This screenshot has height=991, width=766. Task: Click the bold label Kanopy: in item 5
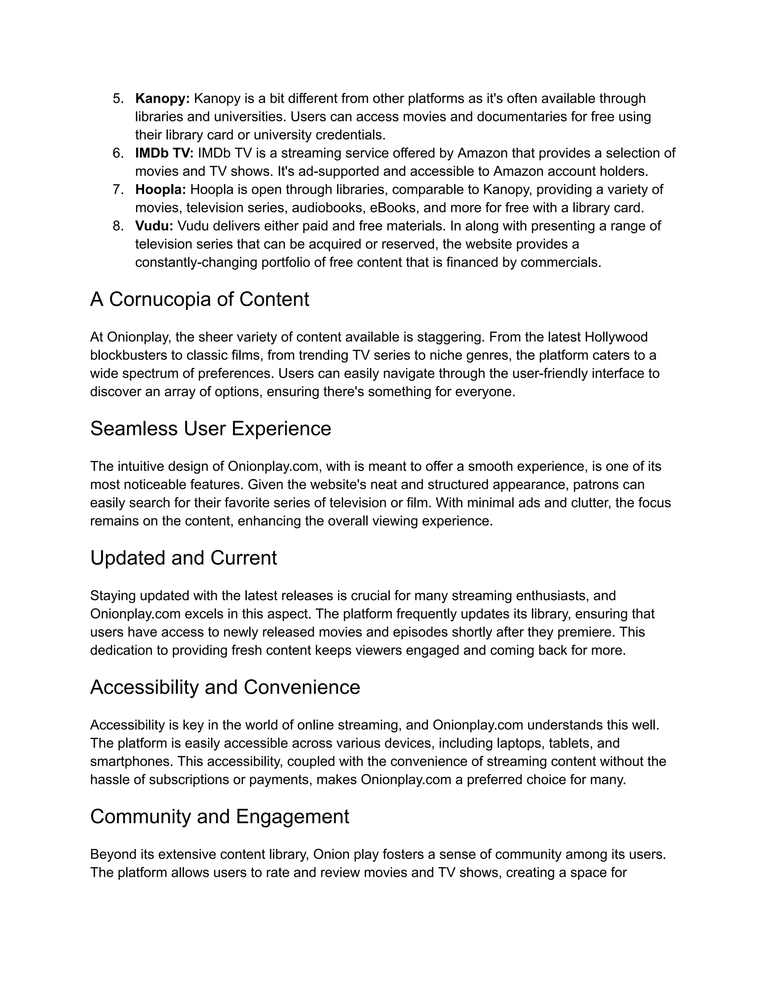[162, 98]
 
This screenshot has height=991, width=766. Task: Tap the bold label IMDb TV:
[164, 153]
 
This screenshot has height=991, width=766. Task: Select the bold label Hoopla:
[160, 189]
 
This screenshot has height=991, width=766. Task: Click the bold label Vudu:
[154, 225]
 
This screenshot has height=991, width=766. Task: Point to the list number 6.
[118, 153]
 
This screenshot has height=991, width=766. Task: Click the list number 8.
[118, 225]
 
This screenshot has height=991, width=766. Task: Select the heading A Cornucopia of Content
[200, 300]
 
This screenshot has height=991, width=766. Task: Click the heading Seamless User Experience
[211, 428]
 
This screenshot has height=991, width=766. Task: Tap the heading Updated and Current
[183, 558]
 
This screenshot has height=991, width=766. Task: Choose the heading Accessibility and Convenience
[225, 687]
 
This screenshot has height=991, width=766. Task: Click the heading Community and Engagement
[220, 816]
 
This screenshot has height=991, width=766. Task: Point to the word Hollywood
[616, 337]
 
